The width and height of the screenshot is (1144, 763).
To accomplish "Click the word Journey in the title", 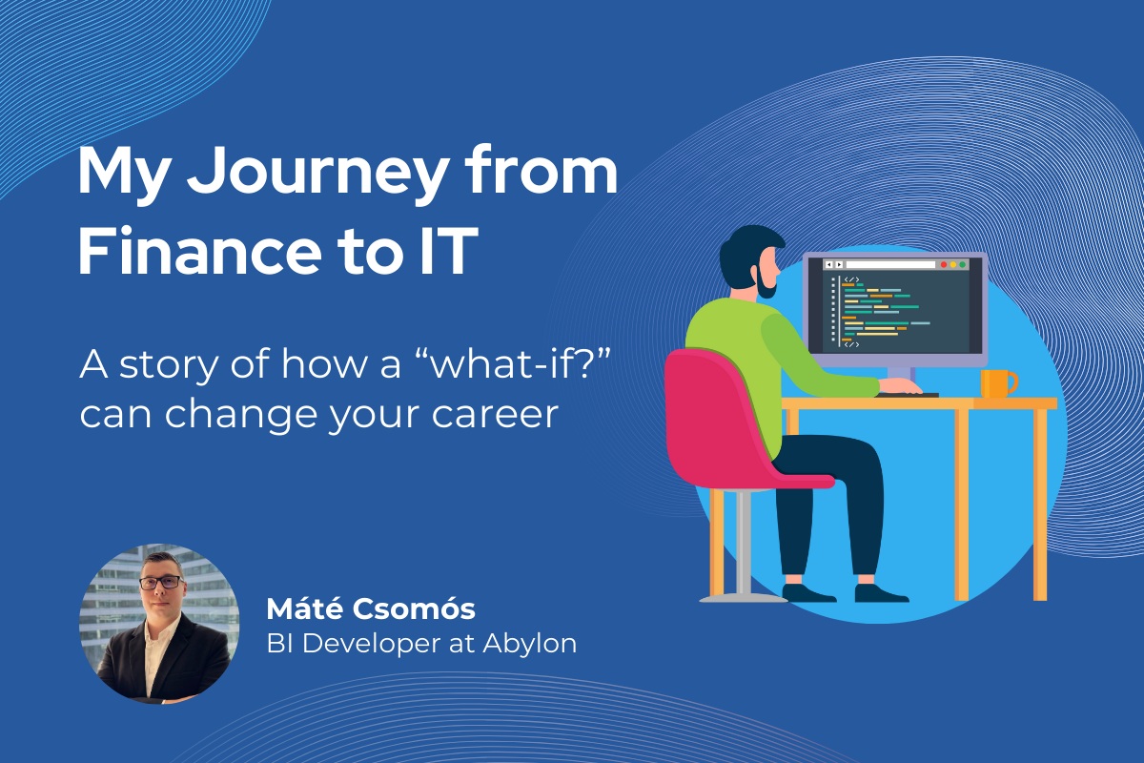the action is pyautogui.click(x=317, y=175).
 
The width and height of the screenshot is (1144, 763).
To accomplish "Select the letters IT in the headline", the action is pyautogui.click(x=449, y=252).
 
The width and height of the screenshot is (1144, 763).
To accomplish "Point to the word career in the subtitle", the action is pyautogui.click(x=495, y=415).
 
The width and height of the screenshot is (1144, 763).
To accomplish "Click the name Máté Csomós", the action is pyautogui.click(x=371, y=608).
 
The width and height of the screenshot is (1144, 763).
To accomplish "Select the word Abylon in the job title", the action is pyautogui.click(x=530, y=644).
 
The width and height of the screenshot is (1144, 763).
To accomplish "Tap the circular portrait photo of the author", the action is pyautogui.click(x=159, y=624).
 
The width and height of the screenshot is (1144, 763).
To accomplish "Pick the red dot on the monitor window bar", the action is pyautogui.click(x=943, y=265).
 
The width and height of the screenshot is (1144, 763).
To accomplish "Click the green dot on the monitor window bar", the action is pyautogui.click(x=962, y=265).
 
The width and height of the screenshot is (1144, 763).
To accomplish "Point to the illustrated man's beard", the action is pyautogui.click(x=766, y=282).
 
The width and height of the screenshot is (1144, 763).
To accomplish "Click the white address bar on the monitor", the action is pyautogui.click(x=890, y=265).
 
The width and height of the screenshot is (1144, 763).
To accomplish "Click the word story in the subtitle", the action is pyautogui.click(x=169, y=365).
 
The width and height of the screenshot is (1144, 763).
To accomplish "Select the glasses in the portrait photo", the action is pyautogui.click(x=161, y=582).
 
